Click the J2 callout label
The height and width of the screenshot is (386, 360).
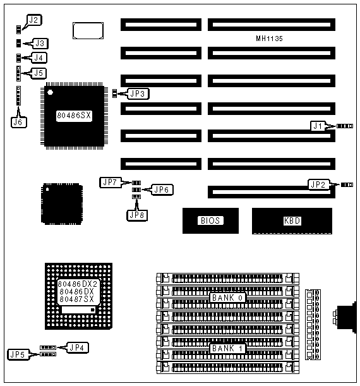coord(34,20)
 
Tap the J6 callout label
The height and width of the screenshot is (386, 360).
coord(19,122)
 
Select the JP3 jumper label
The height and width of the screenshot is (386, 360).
coord(138,93)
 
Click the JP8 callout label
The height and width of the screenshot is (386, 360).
coord(137,215)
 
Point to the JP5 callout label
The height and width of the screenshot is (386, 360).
coord(18,354)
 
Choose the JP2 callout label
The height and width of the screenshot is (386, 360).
coord(319,184)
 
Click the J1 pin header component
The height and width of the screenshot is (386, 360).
coord(345,126)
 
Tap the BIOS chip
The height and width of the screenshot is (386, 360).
coord(210,220)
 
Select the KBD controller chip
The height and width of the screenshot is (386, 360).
coord(292,221)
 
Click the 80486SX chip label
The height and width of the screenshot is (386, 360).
coord(74,116)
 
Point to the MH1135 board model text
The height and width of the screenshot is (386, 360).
coord(269,39)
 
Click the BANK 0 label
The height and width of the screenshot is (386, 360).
coord(227,298)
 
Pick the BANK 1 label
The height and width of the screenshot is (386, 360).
coord(227,348)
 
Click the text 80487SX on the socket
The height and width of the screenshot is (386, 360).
coord(77,299)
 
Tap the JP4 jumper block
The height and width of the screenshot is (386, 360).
coord(48,347)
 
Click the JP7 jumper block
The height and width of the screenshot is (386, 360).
coord(136,183)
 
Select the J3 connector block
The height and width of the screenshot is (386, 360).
coord(19,44)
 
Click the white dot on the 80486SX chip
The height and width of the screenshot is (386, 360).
coord(51,92)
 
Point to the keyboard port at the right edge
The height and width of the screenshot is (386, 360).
coord(345,317)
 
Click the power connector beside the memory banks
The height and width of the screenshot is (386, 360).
coord(313,325)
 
